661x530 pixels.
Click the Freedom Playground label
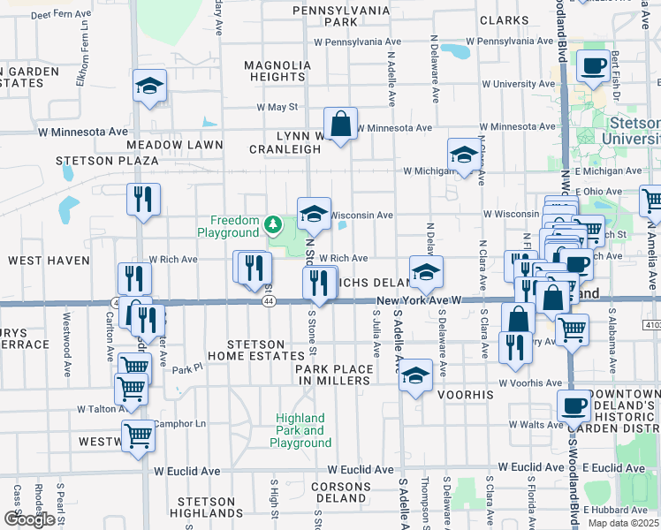234,227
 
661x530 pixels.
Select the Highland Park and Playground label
300,430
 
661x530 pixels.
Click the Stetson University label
631,132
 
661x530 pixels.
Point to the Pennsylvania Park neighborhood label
340,15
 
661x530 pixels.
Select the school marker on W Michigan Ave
464,155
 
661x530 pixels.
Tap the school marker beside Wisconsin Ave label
313,213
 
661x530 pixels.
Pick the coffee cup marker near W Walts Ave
574,407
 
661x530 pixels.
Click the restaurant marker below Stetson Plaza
142,199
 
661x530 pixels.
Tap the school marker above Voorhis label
414,375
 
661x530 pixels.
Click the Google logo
29,519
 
